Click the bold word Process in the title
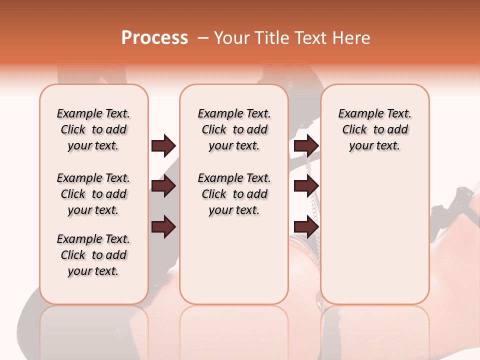coord(154,38)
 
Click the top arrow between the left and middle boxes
coord(163,145)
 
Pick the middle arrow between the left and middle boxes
coord(163,186)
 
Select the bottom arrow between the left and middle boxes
coord(163,226)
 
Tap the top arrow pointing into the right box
coord(306,145)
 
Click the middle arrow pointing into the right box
coord(306,186)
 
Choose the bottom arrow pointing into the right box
coord(306,226)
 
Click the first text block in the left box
coord(93,129)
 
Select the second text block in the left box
coord(93,194)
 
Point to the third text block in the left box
coord(93,255)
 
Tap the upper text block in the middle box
coord(234,129)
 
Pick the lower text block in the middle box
coord(234,194)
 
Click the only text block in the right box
coord(374,129)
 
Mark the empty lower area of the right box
coord(374,235)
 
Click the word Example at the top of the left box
coord(76,114)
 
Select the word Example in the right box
coord(357,114)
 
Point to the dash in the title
coord(202,38)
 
